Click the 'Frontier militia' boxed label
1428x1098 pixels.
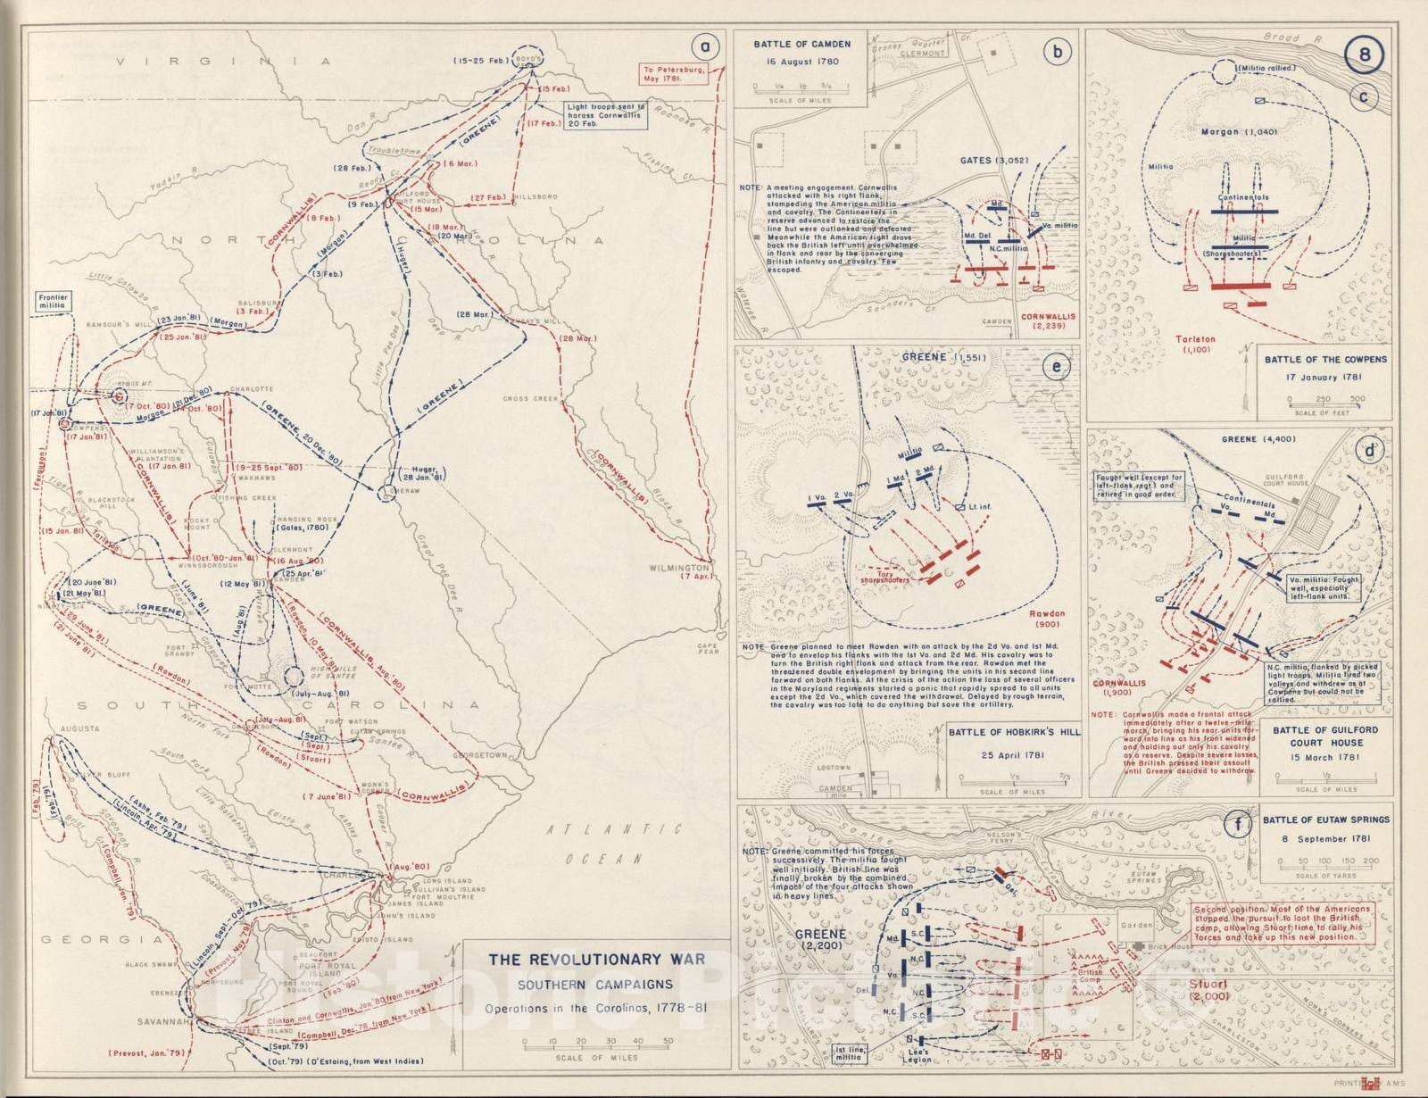tap(53, 300)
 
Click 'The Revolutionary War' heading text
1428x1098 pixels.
tap(596, 961)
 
